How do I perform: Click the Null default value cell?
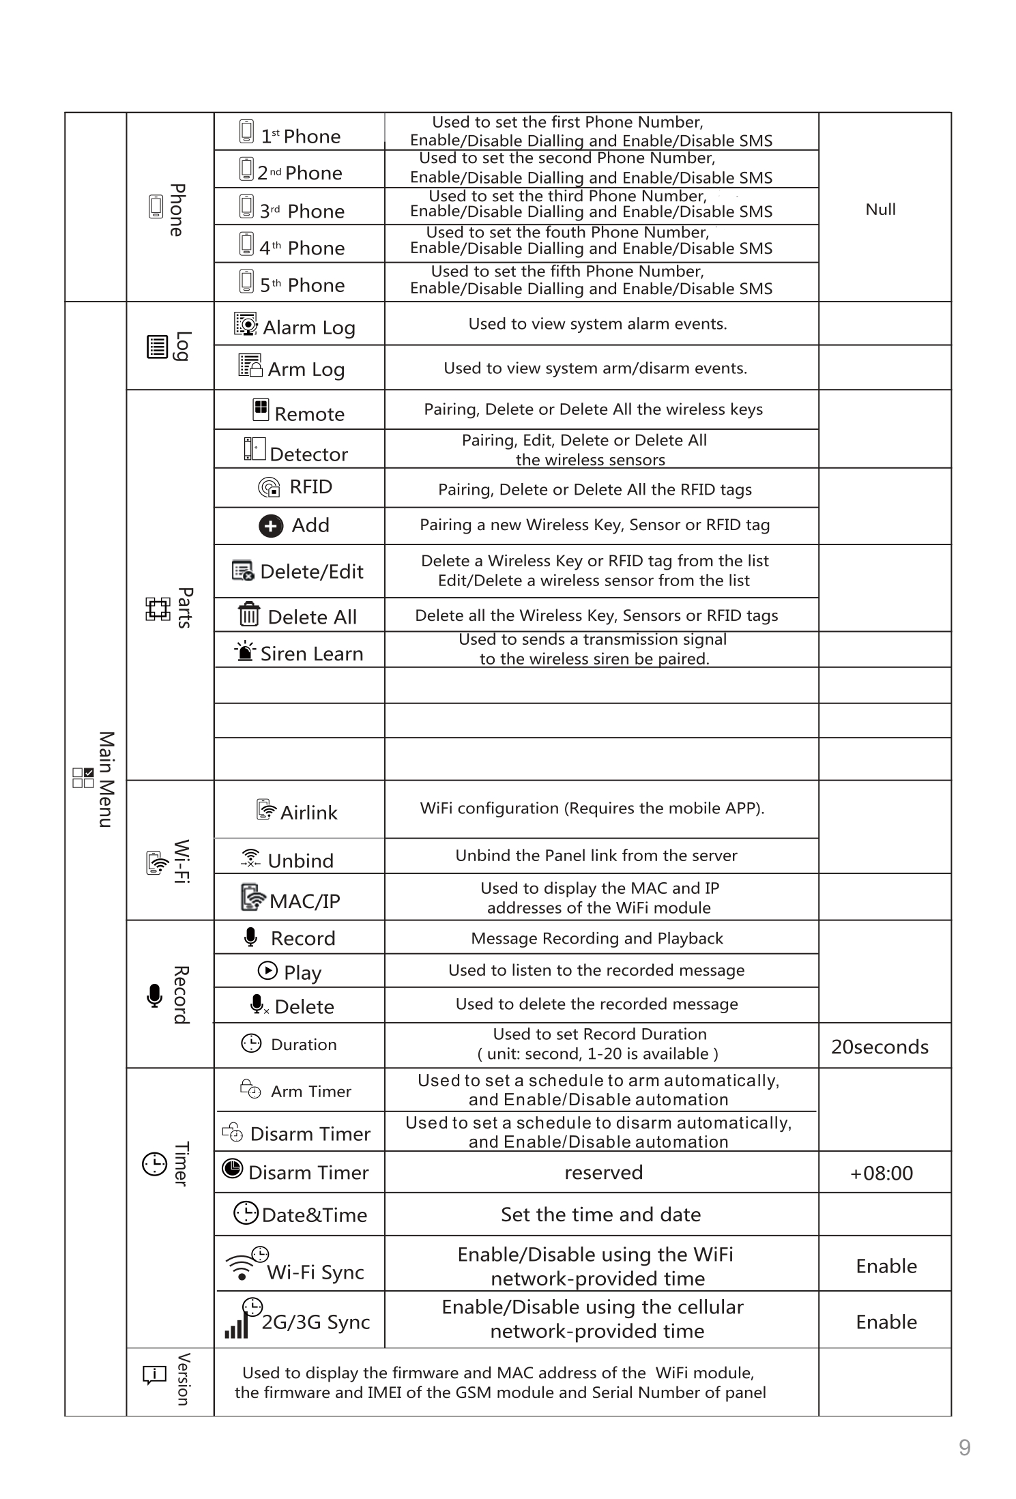[x=880, y=209]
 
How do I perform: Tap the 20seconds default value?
[x=880, y=1047]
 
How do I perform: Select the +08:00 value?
[x=881, y=1174]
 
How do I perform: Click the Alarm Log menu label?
[x=308, y=328]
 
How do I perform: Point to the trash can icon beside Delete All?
[x=248, y=615]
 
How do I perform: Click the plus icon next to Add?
[x=271, y=526]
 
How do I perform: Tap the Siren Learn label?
[x=311, y=654]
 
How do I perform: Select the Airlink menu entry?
[x=308, y=813]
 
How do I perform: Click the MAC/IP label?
[x=304, y=901]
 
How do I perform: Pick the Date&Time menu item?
[x=314, y=1215]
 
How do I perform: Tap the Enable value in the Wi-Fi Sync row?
[x=886, y=1266]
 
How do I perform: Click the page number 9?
[x=964, y=1448]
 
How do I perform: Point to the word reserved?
[x=603, y=1173]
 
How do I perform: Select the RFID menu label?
[x=310, y=487]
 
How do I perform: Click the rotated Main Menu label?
[x=106, y=779]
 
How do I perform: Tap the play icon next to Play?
[x=267, y=970]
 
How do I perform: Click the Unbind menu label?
[x=300, y=861]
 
